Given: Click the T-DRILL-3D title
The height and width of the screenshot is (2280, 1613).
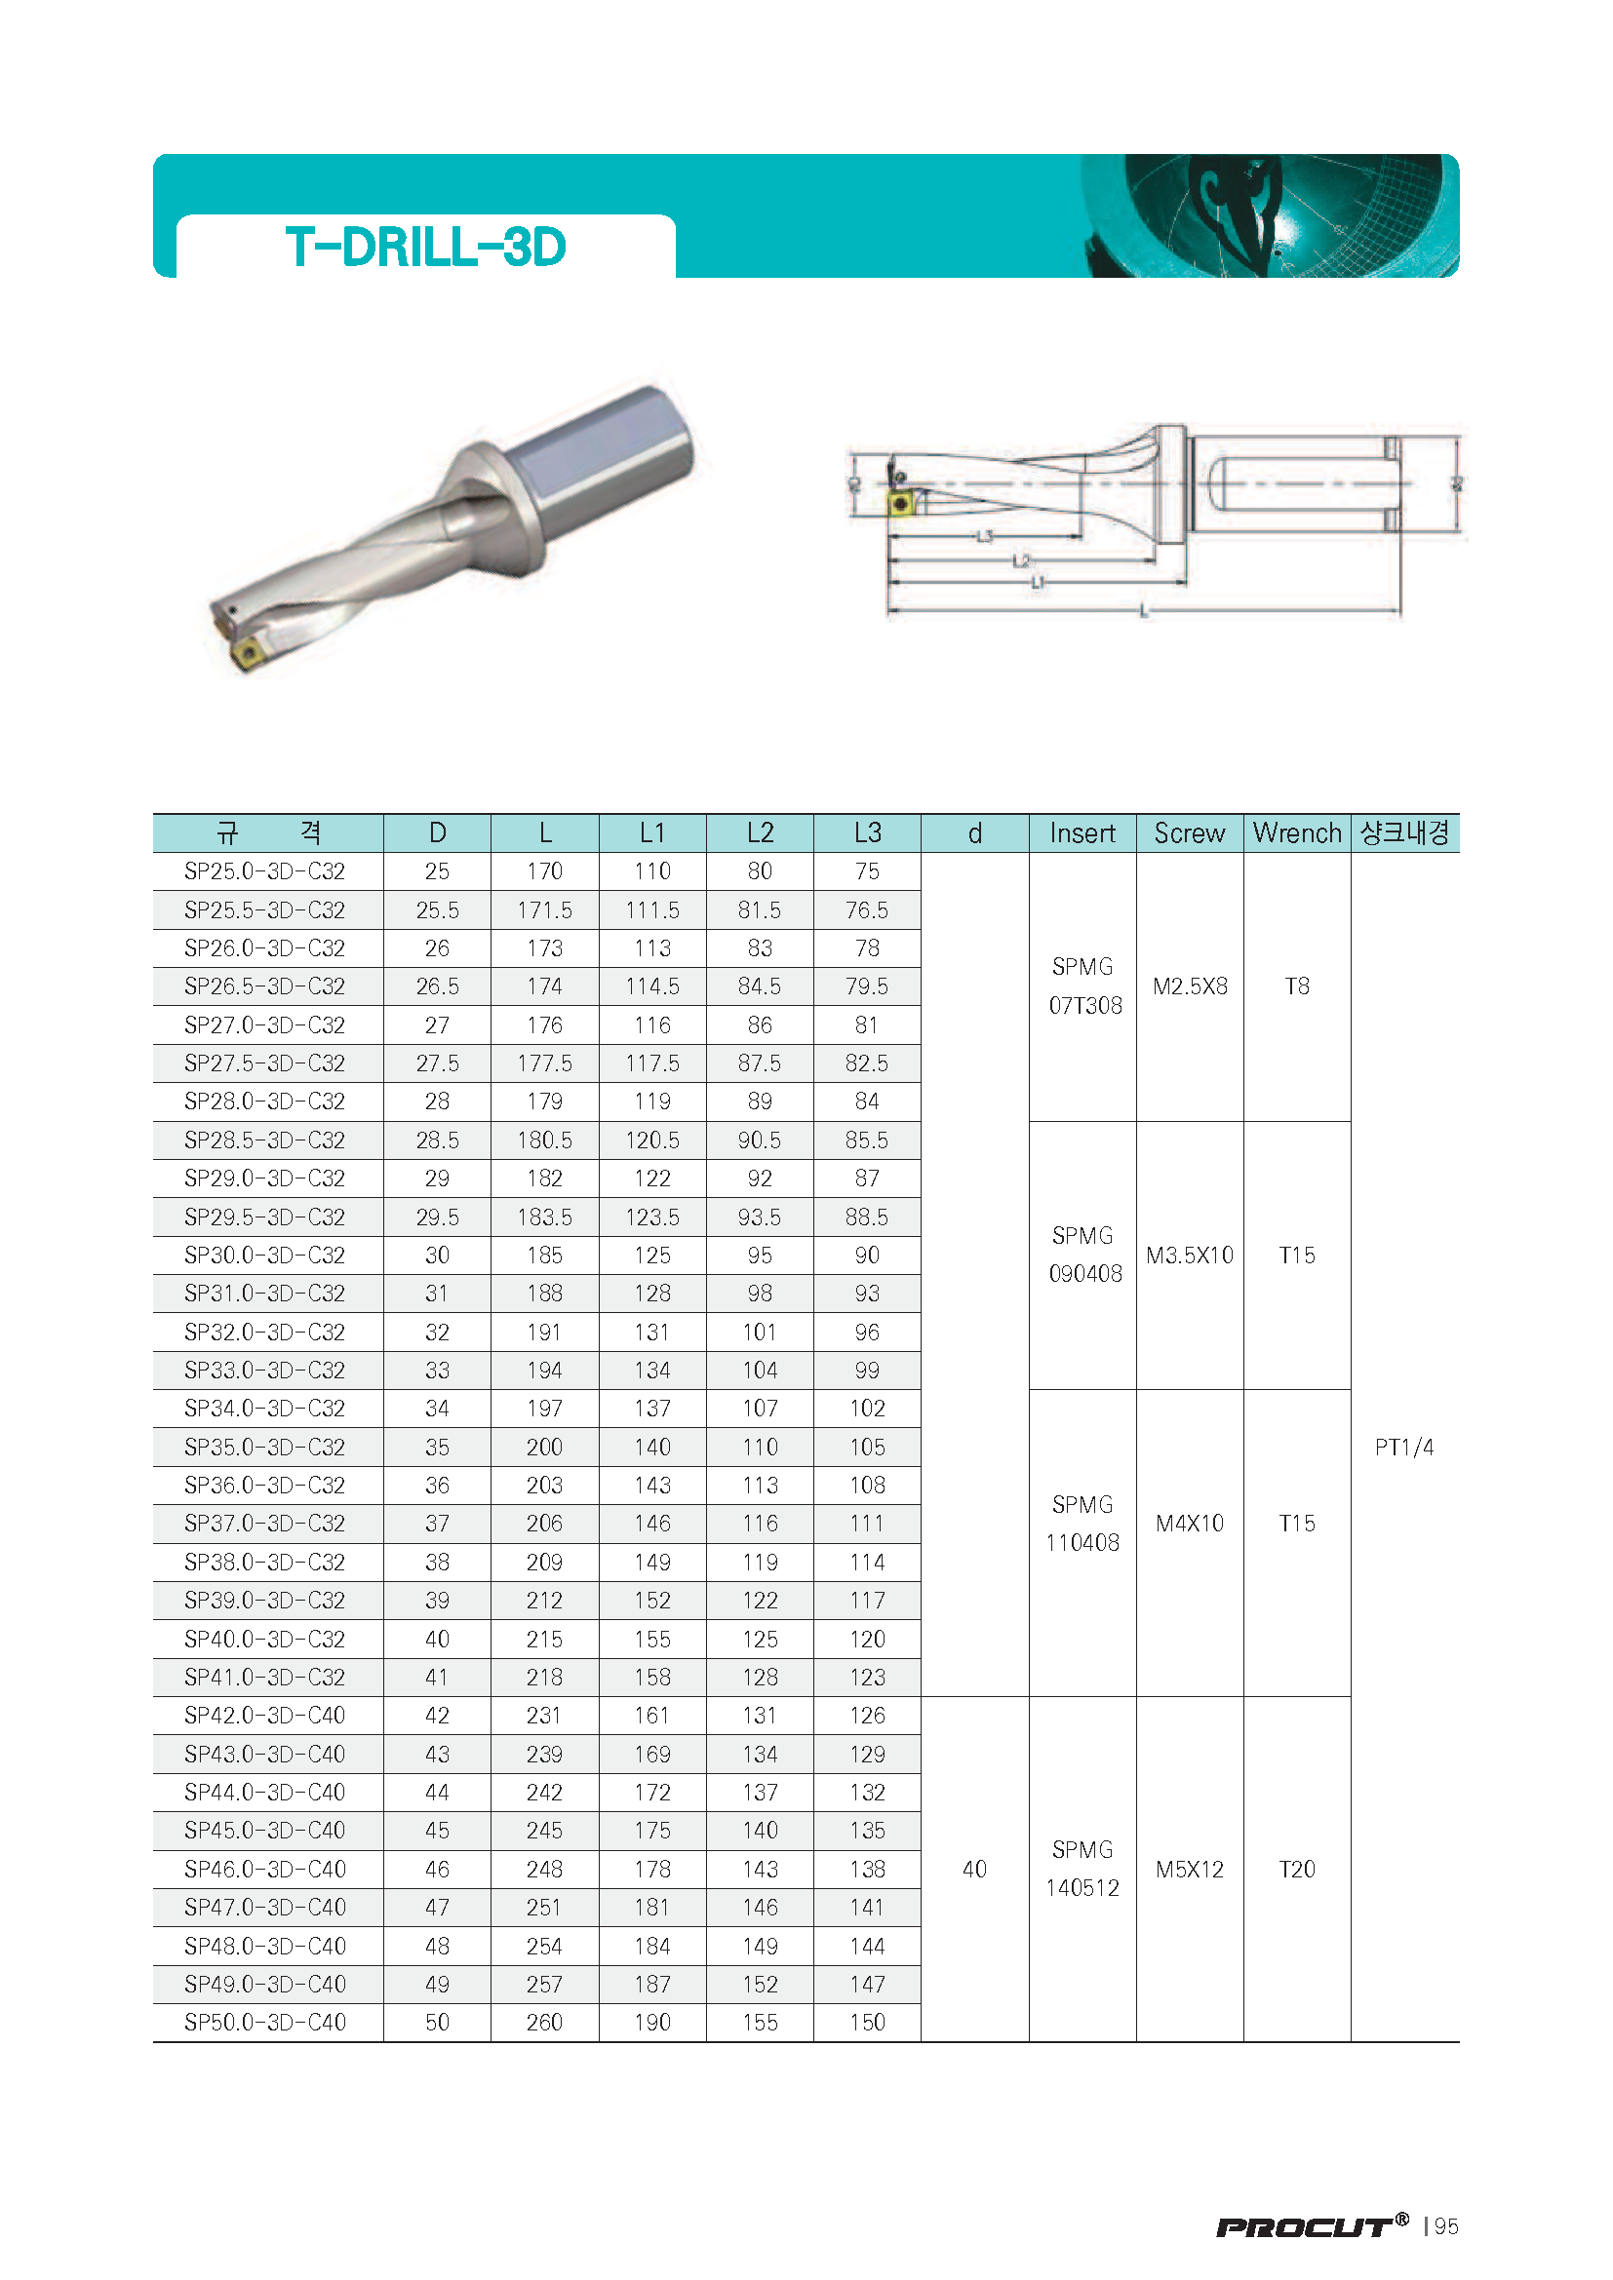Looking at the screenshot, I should (x=425, y=247).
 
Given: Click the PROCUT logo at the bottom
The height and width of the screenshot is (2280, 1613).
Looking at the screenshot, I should (x=1311, y=2226).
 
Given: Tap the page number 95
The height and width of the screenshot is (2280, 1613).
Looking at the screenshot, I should (x=1446, y=2226).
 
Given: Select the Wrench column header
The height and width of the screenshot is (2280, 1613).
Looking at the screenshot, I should (x=1296, y=832).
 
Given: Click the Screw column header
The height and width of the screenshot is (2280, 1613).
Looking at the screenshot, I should (x=1189, y=832).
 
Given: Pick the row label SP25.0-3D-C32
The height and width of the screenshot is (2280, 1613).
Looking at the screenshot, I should (x=264, y=870).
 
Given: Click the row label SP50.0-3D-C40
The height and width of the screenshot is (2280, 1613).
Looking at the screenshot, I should (x=264, y=2022).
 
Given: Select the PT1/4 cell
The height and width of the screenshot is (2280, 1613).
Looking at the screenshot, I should (x=1403, y=1447).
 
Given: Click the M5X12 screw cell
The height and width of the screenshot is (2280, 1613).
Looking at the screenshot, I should (x=1189, y=1869).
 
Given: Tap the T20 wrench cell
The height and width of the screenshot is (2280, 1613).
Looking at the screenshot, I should (x=1296, y=1869).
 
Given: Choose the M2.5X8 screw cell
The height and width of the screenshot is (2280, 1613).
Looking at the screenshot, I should (x=1189, y=986).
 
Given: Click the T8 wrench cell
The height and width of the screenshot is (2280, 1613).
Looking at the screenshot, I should (x=1296, y=986).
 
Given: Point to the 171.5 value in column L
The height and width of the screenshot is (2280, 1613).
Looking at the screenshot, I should (x=544, y=909).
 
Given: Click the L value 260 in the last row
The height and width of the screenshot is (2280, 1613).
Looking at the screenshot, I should (x=544, y=2022).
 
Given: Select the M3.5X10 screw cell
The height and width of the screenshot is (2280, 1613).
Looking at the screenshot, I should (x=1189, y=1256).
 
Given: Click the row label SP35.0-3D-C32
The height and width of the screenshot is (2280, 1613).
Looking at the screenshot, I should (x=264, y=1447).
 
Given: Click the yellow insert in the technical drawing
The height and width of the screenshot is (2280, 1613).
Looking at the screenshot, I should (x=901, y=502).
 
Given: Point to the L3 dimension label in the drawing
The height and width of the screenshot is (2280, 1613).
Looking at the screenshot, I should (x=984, y=536).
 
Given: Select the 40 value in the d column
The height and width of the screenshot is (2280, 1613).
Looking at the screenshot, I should (x=974, y=1869).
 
